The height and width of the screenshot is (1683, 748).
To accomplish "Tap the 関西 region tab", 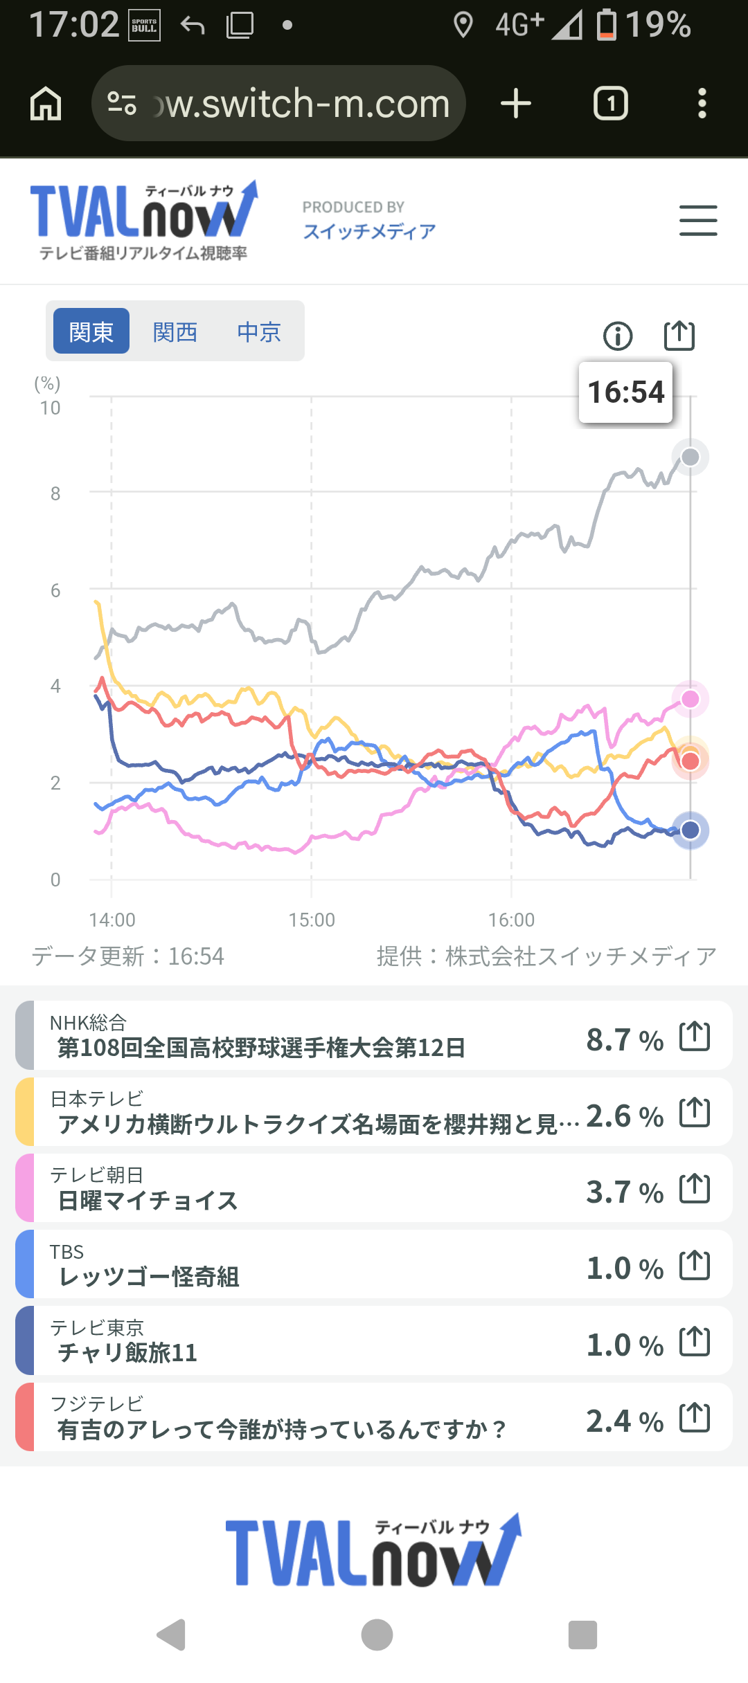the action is [x=175, y=332].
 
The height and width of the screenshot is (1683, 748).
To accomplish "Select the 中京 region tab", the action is [x=259, y=332].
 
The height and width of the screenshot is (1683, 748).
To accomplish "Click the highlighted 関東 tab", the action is [x=91, y=331].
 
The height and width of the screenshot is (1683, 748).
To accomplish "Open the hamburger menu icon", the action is [x=698, y=221].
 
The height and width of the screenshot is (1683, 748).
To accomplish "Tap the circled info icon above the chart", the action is [x=618, y=336].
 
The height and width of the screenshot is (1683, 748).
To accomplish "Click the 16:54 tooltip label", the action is [x=626, y=392].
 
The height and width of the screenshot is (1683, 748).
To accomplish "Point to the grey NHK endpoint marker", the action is [x=691, y=457].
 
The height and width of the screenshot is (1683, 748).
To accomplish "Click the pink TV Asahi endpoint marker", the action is [x=691, y=699].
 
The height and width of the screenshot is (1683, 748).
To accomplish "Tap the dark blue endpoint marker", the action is [x=691, y=830].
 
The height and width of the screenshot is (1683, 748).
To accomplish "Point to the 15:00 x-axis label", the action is [x=312, y=920].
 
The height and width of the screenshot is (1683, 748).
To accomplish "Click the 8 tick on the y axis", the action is [x=55, y=493].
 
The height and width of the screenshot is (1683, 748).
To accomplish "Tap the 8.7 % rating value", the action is [x=625, y=1039].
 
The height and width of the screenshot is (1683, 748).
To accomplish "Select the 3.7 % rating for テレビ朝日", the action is [x=625, y=1192].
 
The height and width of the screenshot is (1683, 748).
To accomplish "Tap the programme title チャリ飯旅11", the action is [x=128, y=1352].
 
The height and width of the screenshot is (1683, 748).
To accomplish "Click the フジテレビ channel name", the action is [x=97, y=1403].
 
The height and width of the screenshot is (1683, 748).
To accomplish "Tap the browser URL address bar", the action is [x=278, y=103].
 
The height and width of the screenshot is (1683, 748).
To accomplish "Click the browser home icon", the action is [x=46, y=104].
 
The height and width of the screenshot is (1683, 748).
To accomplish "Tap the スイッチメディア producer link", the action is [x=369, y=231].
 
